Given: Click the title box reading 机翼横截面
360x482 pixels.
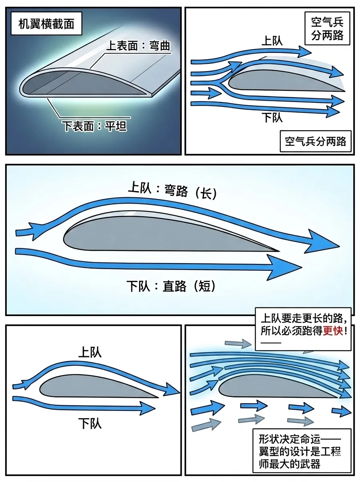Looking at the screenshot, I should (x=46, y=25).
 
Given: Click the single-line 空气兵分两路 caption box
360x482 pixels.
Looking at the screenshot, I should (x=315, y=141).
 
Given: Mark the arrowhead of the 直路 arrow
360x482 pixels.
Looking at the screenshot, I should (x=287, y=266).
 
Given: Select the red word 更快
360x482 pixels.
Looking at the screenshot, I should (x=333, y=332).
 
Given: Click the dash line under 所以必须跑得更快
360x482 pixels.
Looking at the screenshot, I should (x=271, y=343).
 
